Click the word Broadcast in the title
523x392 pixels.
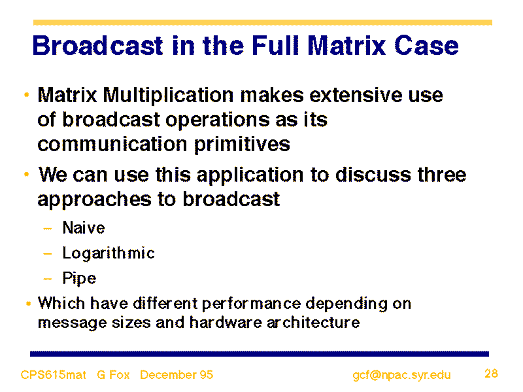pyautogui.click(x=98, y=45)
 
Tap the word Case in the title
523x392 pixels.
pyautogui.click(x=427, y=45)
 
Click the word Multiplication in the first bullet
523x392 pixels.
pyautogui.click(x=168, y=96)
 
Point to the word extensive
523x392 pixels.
pyautogui.click(x=356, y=96)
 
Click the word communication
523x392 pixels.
pyautogui.click(x=112, y=144)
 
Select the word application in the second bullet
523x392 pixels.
pyautogui.click(x=250, y=175)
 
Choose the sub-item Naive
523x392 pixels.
pyautogui.click(x=84, y=228)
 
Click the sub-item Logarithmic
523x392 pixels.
pyautogui.click(x=109, y=253)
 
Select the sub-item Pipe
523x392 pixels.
pyautogui.click(x=79, y=279)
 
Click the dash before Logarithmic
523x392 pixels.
pyautogui.click(x=48, y=254)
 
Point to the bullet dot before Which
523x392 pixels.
pyautogui.click(x=29, y=304)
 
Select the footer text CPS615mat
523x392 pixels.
pyautogui.click(x=54, y=374)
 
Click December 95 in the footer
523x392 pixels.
pyautogui.click(x=177, y=374)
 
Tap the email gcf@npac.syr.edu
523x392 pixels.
pyautogui.click(x=401, y=375)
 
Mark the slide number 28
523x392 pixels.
pyautogui.click(x=492, y=373)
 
